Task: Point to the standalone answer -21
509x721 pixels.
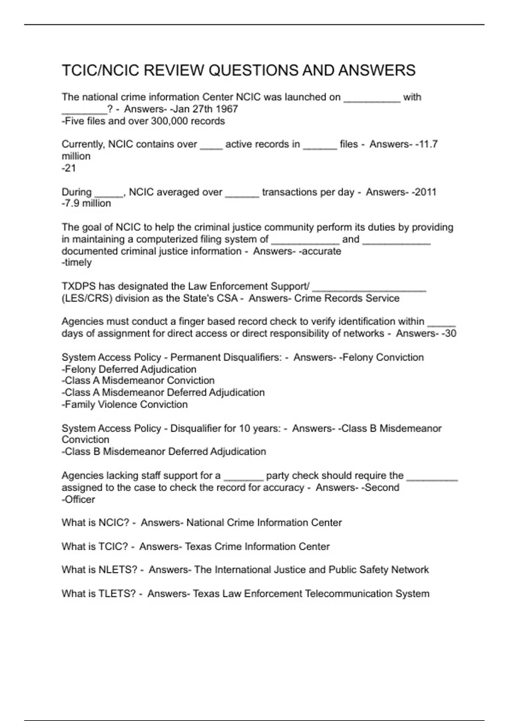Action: [x=69, y=168]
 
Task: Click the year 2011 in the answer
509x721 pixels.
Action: [x=425, y=192]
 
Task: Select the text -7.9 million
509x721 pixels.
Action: [x=86, y=204]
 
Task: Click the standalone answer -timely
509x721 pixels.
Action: [x=77, y=263]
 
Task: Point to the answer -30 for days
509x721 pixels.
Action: [x=449, y=334]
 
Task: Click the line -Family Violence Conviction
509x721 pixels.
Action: [x=125, y=405]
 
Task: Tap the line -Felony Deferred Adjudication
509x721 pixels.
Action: [x=129, y=369]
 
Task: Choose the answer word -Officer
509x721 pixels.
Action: [x=78, y=500]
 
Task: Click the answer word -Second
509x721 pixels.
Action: [x=380, y=488]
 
